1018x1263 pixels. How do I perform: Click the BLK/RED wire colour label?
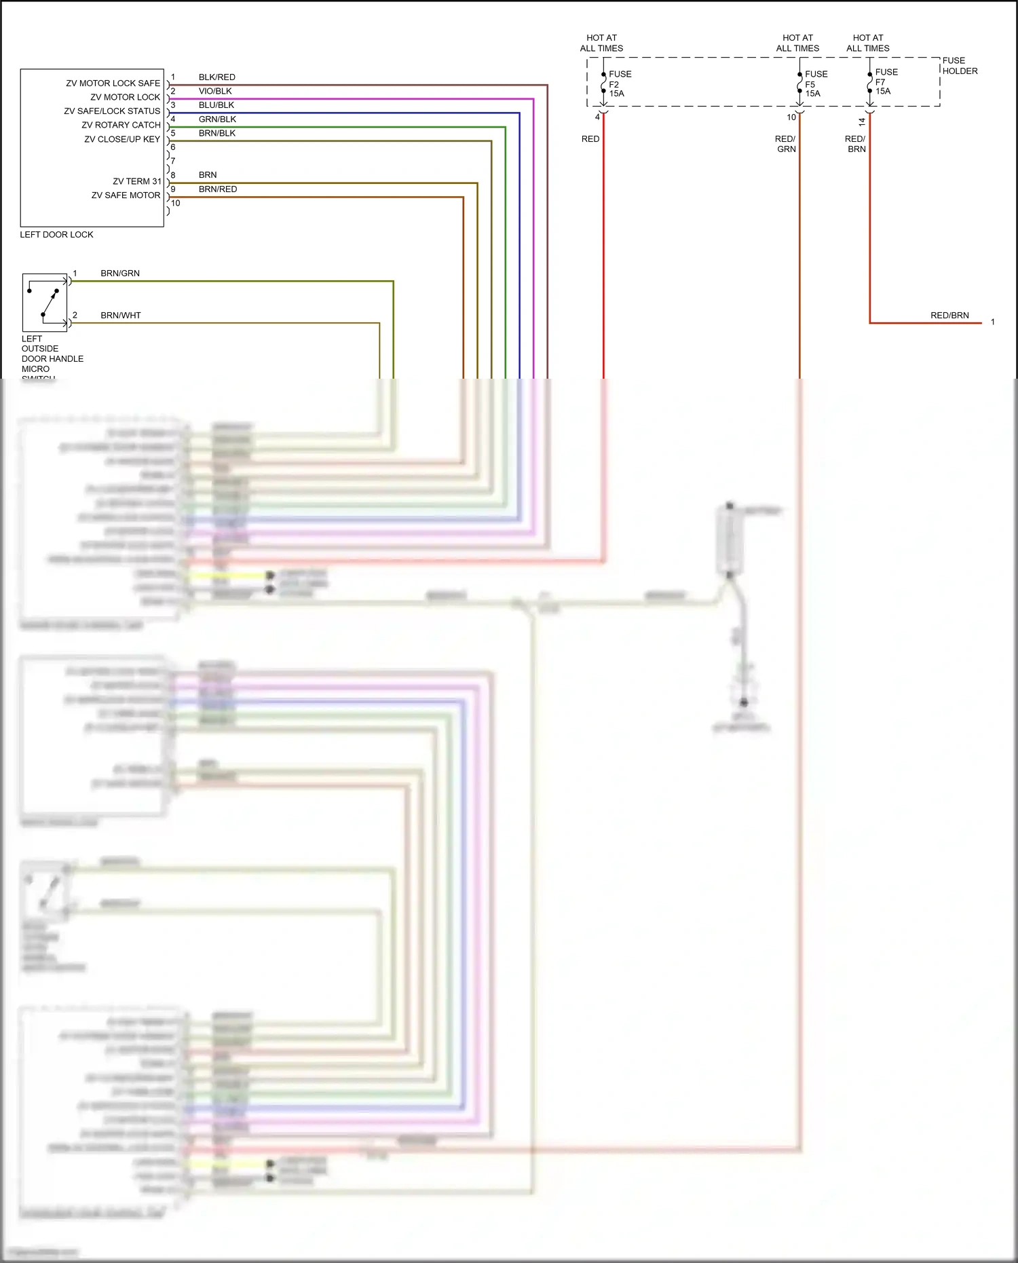pyautogui.click(x=216, y=77)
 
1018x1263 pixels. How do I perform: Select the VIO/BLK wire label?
pyautogui.click(x=215, y=91)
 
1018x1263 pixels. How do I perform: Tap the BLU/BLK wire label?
pyautogui.click(x=216, y=105)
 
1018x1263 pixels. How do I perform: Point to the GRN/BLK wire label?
pyautogui.click(x=217, y=119)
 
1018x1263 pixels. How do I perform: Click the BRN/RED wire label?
pyautogui.click(x=218, y=189)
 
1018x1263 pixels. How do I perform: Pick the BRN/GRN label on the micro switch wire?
pyautogui.click(x=120, y=274)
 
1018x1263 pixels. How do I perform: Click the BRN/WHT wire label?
pyautogui.click(x=121, y=316)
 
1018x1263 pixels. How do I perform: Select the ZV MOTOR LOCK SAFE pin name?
pyautogui.click(x=113, y=83)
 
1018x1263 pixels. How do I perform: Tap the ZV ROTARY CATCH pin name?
pyautogui.click(x=121, y=126)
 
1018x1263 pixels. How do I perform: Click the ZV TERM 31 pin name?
pyautogui.click(x=136, y=181)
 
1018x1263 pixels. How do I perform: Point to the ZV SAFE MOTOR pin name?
pyautogui.click(x=126, y=195)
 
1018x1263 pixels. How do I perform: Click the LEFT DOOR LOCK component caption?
pyautogui.click(x=56, y=235)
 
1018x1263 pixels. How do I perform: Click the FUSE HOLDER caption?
pyautogui.click(x=960, y=66)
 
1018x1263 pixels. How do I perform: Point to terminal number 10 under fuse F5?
pyautogui.click(x=791, y=117)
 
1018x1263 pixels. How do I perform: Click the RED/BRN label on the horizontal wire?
pyautogui.click(x=949, y=316)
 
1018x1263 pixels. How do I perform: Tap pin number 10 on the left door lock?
pyautogui.click(x=176, y=204)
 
